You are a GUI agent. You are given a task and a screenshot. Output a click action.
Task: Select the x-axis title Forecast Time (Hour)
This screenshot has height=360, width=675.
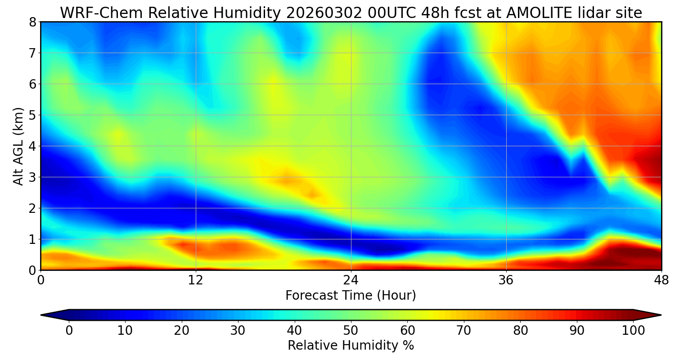tap(351, 296)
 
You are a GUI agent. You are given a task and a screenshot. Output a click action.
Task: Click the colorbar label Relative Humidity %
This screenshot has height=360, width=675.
tap(351, 346)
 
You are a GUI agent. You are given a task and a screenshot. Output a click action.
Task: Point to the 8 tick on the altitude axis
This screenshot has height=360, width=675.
tap(32, 22)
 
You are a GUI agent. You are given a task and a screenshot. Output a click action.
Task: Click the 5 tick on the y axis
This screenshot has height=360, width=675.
tap(32, 115)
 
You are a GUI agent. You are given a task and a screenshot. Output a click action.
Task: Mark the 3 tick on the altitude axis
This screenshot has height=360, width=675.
tap(32, 177)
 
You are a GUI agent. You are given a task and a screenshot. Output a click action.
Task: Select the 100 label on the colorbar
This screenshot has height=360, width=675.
tap(633, 330)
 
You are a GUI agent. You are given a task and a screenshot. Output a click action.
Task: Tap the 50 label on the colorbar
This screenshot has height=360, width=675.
tap(351, 330)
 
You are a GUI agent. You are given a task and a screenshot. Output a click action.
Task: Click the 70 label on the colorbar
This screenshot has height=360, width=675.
tap(463, 330)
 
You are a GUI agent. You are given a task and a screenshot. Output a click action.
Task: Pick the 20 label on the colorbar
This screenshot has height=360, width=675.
tap(181, 330)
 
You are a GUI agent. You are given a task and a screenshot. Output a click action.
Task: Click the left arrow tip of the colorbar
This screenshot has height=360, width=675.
tap(42, 315)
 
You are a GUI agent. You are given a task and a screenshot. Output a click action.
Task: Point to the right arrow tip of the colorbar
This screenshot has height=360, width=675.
tap(660, 315)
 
